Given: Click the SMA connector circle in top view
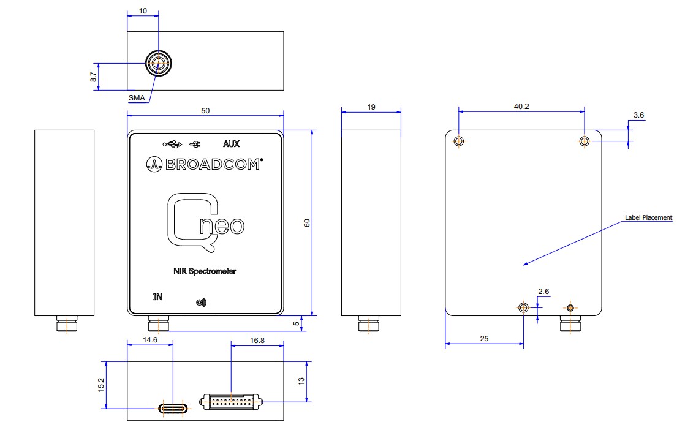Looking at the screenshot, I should [158, 63].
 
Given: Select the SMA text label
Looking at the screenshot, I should [137, 98].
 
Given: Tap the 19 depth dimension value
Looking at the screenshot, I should [371, 107].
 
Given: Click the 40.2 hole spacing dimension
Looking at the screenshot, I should [521, 106].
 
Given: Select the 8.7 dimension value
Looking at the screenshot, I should [93, 77].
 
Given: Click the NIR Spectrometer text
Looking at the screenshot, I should [205, 271].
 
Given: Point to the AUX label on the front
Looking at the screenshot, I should [231, 145].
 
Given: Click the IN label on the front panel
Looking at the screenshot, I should [157, 298].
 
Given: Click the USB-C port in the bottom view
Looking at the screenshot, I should [174, 408].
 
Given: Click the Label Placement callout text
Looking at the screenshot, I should [648, 217].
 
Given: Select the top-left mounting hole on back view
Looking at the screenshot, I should [459, 141].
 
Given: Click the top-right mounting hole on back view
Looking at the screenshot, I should [585, 141].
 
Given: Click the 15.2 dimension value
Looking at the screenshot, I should [101, 385].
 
